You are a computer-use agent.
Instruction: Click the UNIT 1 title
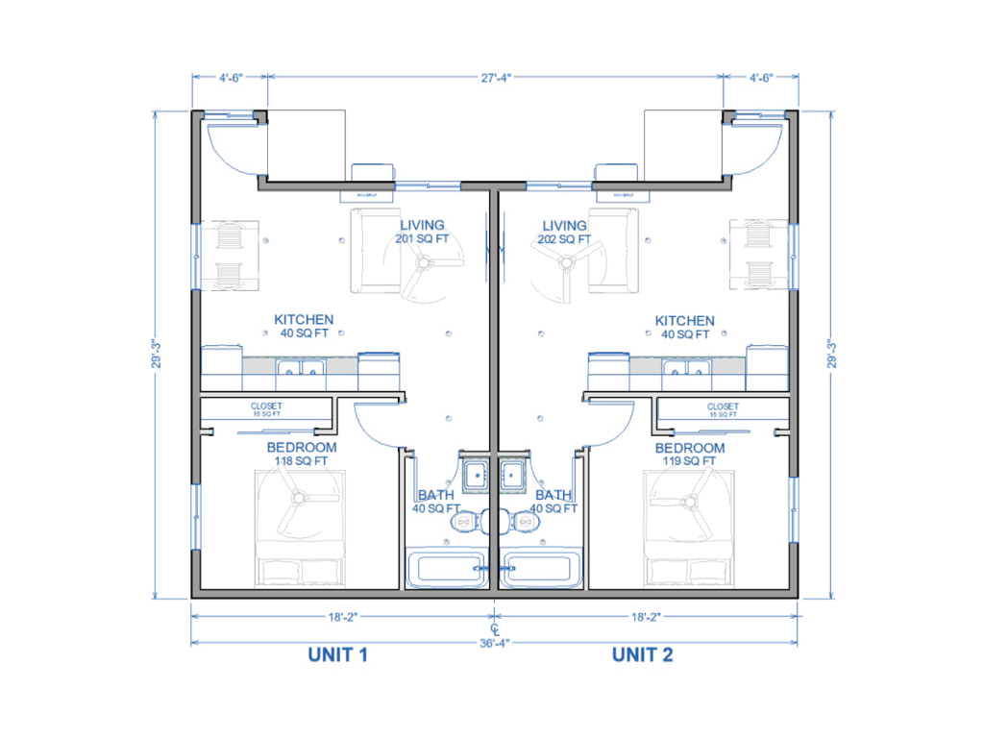(338, 655)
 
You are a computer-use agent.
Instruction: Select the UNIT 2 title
(642, 655)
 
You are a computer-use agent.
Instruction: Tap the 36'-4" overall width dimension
(493, 643)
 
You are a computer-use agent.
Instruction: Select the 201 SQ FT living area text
(421, 239)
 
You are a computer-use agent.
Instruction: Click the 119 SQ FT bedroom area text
(690, 461)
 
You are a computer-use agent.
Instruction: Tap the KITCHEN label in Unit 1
(304, 320)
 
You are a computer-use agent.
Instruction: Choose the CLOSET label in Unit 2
(723, 407)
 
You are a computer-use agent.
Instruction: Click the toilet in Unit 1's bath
(465, 522)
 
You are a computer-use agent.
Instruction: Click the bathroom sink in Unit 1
(475, 473)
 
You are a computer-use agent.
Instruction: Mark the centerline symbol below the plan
(493, 626)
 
